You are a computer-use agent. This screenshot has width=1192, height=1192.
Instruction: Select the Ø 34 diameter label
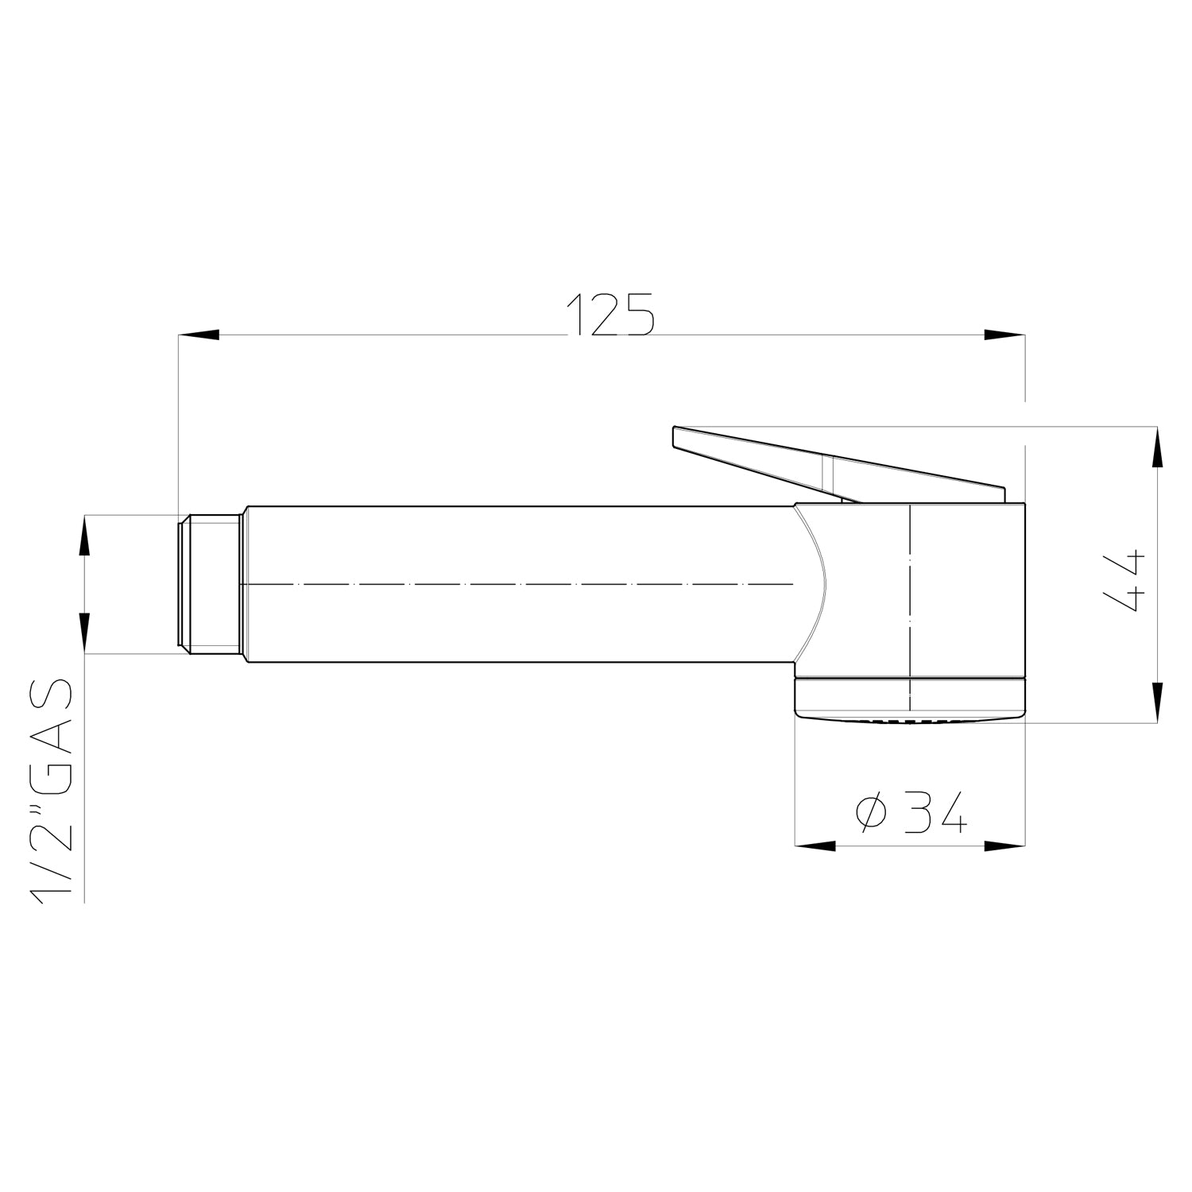point(911,811)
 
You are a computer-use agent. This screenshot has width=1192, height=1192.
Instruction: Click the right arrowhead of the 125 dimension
point(1004,335)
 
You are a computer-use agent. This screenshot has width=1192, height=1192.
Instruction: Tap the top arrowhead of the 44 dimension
point(1156,447)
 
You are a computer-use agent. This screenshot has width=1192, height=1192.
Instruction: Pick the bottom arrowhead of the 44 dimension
point(1156,702)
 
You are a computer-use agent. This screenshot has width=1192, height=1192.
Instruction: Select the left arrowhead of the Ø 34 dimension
point(816,846)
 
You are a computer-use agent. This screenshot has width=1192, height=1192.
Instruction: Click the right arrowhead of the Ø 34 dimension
point(1004,846)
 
